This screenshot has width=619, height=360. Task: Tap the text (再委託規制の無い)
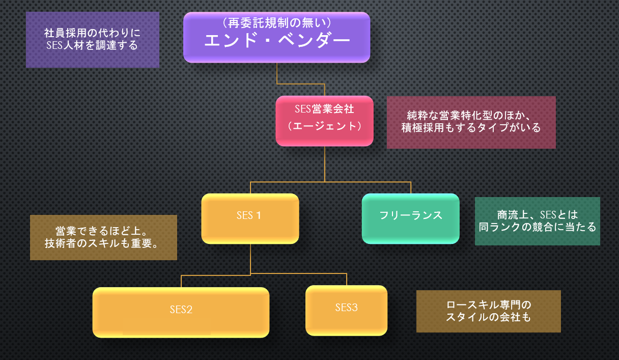[x=277, y=23]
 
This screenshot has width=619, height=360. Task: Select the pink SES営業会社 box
[x=324, y=121]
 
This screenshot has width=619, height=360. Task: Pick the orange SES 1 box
[x=249, y=218]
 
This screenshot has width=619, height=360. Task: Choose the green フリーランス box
[x=410, y=218]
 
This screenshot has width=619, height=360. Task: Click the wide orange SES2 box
[x=181, y=312]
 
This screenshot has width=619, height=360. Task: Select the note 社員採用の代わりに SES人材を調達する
[x=93, y=40]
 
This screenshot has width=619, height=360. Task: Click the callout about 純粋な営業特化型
[x=471, y=122]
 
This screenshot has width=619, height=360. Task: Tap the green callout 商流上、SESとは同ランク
[x=537, y=221]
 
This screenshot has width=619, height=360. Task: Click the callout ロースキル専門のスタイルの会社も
[x=488, y=311]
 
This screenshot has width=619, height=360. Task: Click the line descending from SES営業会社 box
[x=324, y=163]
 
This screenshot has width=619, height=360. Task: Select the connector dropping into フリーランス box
[x=410, y=187]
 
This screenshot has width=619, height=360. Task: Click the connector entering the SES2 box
[x=181, y=281]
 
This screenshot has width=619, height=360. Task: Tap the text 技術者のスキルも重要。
[x=103, y=243]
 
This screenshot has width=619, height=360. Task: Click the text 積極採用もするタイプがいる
[x=471, y=128]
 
